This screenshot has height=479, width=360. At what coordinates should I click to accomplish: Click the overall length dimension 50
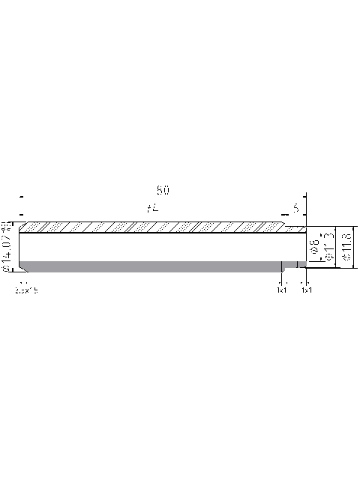coord(163,190)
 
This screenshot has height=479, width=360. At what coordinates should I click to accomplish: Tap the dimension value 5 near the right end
coord(297,208)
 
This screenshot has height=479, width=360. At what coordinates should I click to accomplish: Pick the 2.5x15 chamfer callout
coord(26,290)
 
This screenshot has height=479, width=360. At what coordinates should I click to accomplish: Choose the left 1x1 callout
coord(281,290)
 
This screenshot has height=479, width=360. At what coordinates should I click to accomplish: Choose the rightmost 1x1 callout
coord(306,290)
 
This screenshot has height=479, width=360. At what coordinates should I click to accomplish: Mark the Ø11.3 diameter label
coord(327,247)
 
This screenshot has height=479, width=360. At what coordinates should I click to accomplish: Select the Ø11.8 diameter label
coord(346,247)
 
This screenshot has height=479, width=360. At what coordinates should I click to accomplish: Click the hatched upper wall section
coord(150,227)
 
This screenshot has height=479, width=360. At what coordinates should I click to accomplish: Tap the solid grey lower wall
coord(150,266)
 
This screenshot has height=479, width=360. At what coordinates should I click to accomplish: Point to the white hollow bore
coord(150,246)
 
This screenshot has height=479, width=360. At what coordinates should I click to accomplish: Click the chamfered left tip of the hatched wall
coord(22,227)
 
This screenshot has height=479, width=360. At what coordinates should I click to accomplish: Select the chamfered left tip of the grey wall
coord(23,266)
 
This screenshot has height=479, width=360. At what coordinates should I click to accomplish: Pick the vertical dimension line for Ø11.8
coord(352,246)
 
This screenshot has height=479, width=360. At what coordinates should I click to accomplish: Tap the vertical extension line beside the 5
coord(306,207)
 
